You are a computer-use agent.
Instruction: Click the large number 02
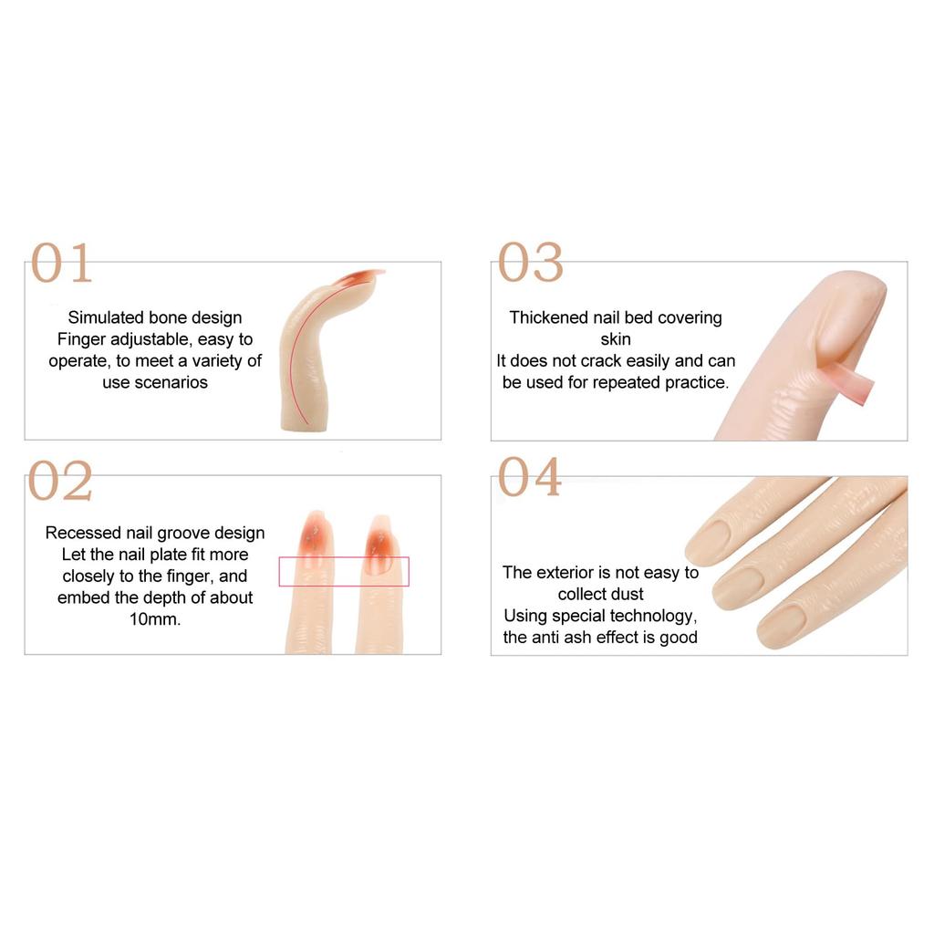point(60,481)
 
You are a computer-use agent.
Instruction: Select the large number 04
point(530,478)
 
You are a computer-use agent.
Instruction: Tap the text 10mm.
point(155,619)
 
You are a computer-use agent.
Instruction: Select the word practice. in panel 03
point(692,382)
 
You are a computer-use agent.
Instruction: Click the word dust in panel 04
point(627,594)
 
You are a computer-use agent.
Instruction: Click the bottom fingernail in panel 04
point(782,624)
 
